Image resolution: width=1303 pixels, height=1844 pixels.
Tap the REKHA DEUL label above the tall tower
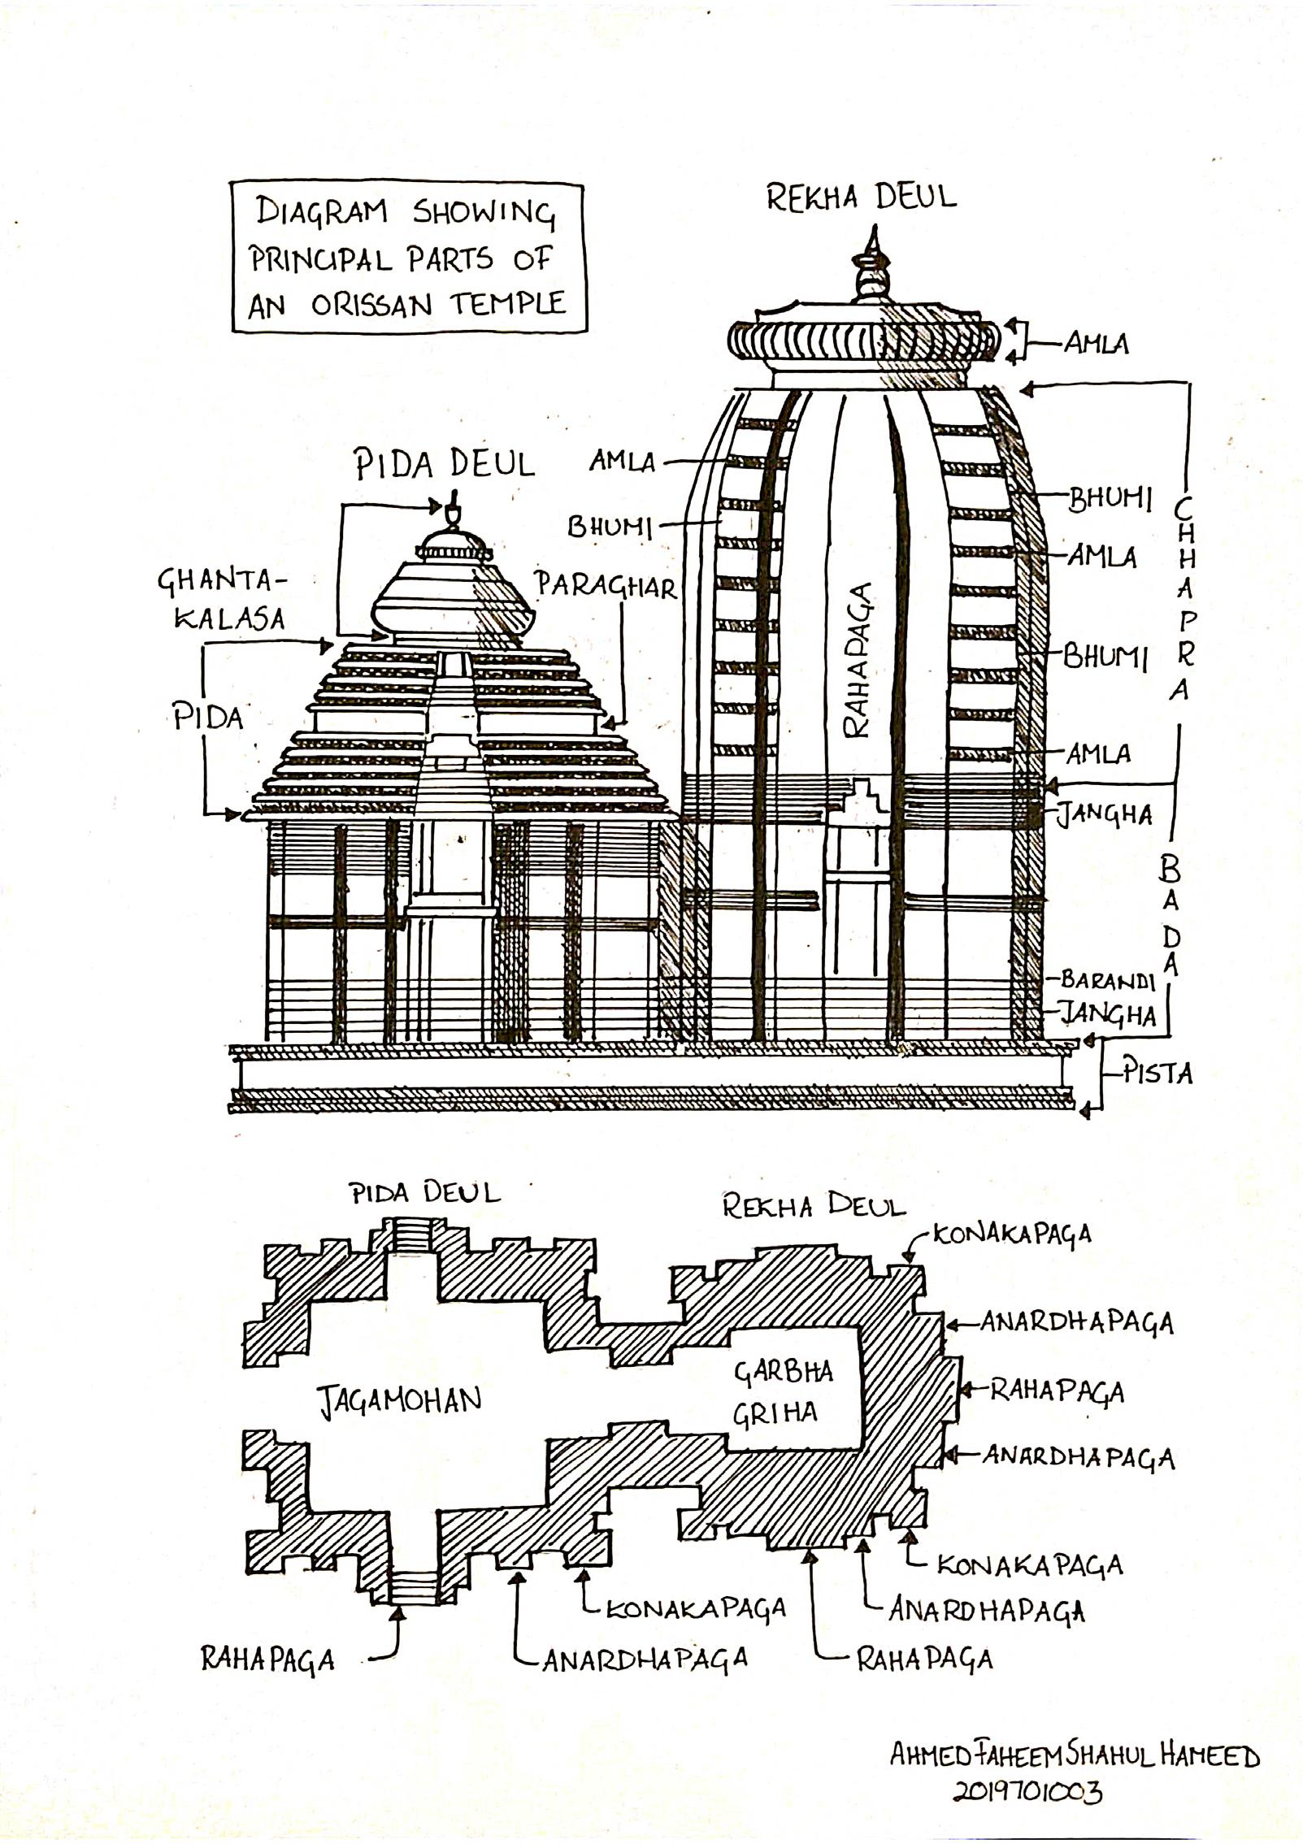coord(862,198)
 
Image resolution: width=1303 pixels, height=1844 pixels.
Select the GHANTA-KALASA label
coord(224,599)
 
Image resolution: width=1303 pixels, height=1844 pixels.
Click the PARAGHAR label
coord(606,585)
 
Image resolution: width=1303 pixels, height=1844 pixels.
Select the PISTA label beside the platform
coord(1157,1074)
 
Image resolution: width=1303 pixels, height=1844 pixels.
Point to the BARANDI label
coord(1107,981)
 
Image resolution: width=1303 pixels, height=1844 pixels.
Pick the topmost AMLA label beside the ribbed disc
coord(1097,344)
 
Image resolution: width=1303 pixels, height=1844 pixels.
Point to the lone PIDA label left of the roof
coord(208,717)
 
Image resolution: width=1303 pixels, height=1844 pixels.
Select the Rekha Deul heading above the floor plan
coord(814,1207)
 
